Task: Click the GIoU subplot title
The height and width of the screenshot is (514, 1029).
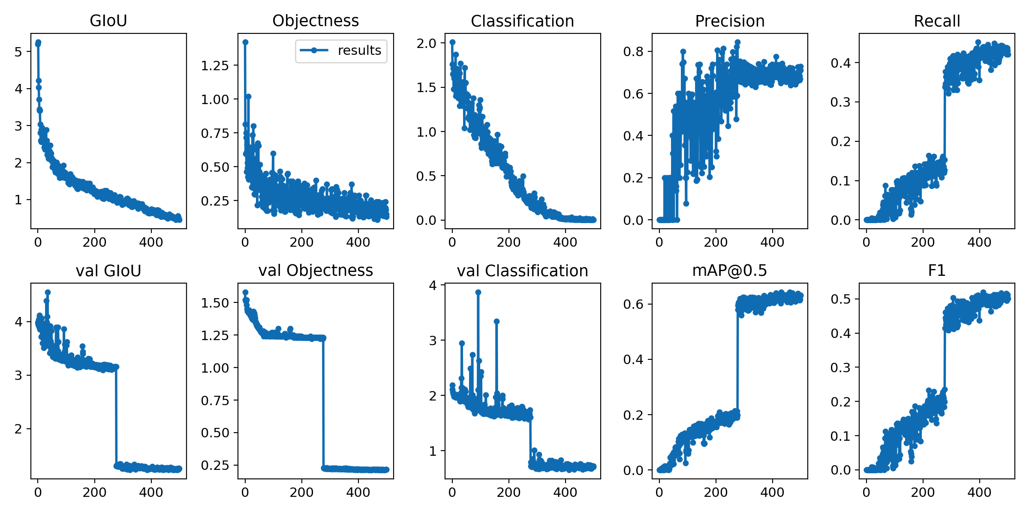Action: [x=108, y=21]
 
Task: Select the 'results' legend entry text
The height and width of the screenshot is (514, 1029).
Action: [x=359, y=51]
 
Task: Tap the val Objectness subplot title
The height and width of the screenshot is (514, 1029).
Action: [x=316, y=271]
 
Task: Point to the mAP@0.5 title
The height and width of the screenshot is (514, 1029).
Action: [x=729, y=271]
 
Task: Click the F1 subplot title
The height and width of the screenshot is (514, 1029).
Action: [x=936, y=271]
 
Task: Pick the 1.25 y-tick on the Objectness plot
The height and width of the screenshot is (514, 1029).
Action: [x=215, y=66]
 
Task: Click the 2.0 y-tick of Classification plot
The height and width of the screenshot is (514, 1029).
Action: [x=426, y=43]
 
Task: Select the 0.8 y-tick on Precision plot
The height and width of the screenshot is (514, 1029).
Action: [x=633, y=51]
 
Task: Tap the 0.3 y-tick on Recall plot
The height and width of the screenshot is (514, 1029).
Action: [x=840, y=102]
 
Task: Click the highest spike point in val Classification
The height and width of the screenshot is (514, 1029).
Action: [x=478, y=292]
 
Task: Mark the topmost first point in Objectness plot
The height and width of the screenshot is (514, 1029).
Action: [x=245, y=42]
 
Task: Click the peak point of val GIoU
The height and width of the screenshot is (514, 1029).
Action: [x=48, y=292]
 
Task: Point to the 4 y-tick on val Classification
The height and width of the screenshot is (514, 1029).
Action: [x=433, y=285]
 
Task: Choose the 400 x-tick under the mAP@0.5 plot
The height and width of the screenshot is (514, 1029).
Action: [x=772, y=492]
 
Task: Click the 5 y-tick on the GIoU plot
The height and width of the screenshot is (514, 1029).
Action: [x=18, y=52]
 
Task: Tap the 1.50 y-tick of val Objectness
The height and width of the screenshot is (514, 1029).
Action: [x=215, y=303]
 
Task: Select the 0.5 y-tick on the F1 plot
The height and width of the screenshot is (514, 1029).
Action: [x=840, y=299]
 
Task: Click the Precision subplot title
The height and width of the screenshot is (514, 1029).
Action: [x=729, y=21]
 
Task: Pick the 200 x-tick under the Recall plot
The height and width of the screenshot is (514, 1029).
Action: [x=923, y=242]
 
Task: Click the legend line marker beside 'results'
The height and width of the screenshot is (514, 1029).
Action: [x=314, y=51]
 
